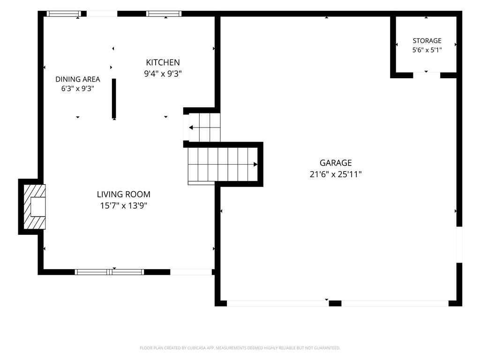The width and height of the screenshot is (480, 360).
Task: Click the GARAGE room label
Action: [336, 163]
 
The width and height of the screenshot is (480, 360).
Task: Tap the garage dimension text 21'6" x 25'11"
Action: [336, 174]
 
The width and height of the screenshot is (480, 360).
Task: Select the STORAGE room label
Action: [427, 41]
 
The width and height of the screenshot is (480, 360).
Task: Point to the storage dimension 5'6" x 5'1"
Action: [427, 50]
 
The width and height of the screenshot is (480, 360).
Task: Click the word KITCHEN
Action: [163, 62]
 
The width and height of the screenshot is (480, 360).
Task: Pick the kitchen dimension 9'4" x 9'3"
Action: [163, 74]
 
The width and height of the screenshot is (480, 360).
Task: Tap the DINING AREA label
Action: [78, 79]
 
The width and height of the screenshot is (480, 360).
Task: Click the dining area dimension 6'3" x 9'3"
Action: [78, 89]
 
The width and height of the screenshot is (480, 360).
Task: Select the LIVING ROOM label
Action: [124, 194]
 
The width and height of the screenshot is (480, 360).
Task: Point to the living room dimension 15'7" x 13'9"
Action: [124, 205]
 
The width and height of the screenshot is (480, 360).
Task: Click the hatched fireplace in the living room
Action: [35, 207]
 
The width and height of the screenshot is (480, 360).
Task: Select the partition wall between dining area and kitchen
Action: [114, 98]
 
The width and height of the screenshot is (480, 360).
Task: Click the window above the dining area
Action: [64, 14]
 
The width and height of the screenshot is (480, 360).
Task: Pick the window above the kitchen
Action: [164, 14]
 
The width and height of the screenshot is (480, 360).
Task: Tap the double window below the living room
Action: [109, 272]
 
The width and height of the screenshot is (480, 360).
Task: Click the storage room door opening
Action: [427, 75]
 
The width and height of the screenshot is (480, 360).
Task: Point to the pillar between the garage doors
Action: [335, 303]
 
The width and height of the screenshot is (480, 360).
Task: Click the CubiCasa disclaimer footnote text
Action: [240, 348]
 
